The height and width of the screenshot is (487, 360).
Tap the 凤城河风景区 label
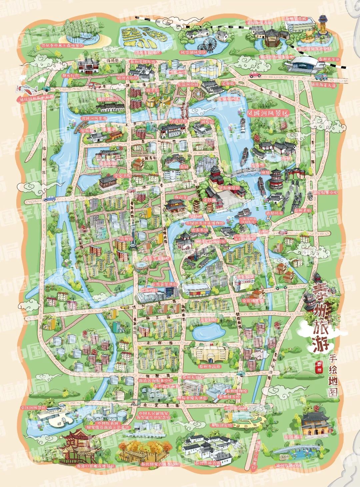tap(266, 113)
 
